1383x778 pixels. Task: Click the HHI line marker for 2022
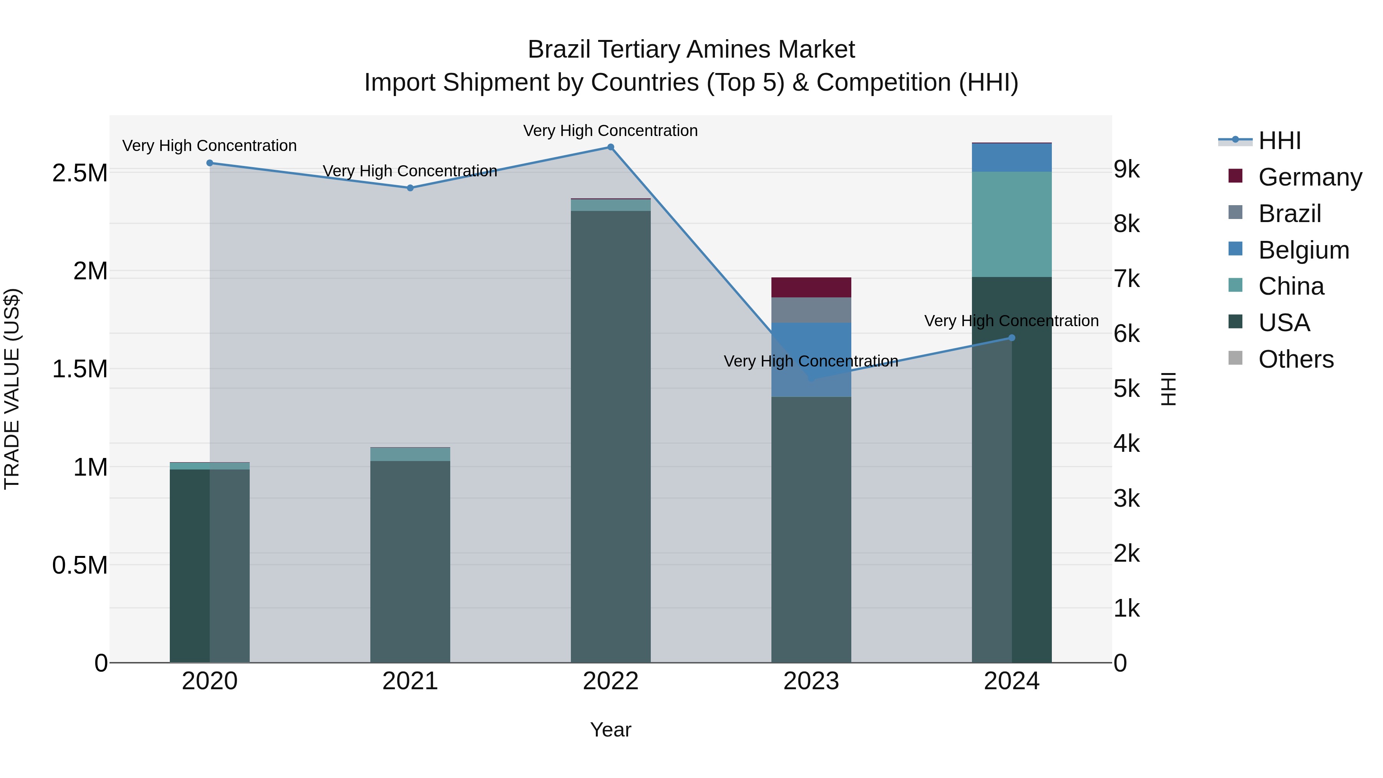click(610, 147)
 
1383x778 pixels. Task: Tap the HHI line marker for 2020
click(210, 163)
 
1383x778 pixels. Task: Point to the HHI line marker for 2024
click(1012, 338)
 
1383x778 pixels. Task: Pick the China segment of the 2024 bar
click(1012, 224)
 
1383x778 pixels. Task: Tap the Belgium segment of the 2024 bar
click(1012, 157)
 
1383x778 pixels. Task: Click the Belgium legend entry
click(1303, 250)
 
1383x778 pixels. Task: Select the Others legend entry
click(1295, 359)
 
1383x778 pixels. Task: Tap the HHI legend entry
click(1279, 141)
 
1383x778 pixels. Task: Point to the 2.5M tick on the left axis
click(80, 173)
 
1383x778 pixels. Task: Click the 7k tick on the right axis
click(1126, 279)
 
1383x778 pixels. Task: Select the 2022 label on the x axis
click(610, 681)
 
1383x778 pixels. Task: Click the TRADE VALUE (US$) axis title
click(12, 389)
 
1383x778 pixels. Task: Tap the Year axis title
click(610, 730)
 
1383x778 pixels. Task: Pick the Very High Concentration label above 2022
click(610, 131)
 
